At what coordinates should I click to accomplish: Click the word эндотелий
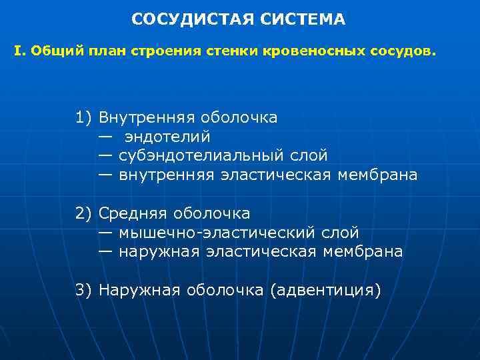[167, 137]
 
